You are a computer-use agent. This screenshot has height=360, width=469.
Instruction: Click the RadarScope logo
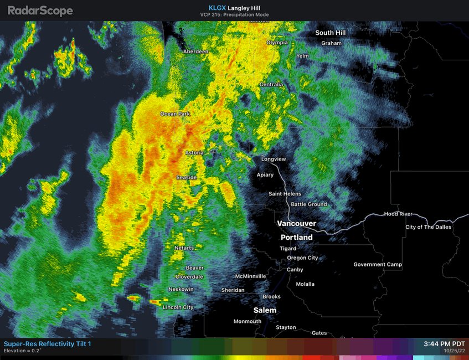click(40, 10)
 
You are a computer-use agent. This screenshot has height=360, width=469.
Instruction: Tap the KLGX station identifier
click(217, 7)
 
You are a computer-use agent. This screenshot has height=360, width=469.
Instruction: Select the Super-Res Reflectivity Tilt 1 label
click(47, 344)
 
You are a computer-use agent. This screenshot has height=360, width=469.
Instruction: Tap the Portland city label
click(296, 237)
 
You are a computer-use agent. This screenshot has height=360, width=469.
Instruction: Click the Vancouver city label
click(296, 224)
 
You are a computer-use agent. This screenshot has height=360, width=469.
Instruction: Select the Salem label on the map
click(265, 310)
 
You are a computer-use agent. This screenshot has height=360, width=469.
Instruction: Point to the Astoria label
click(194, 152)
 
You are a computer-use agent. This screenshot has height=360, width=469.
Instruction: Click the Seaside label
click(187, 177)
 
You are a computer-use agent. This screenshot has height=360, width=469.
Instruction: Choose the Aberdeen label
click(196, 52)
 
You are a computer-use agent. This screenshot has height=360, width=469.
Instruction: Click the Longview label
click(274, 159)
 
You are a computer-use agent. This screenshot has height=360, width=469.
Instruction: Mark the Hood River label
click(398, 214)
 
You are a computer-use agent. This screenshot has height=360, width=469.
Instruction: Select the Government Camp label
click(378, 265)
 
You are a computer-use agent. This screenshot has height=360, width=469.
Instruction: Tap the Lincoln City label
click(178, 307)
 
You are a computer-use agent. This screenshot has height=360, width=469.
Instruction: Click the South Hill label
click(331, 33)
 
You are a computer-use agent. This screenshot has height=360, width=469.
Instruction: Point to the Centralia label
click(271, 85)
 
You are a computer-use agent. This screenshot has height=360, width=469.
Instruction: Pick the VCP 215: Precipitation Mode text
click(234, 14)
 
